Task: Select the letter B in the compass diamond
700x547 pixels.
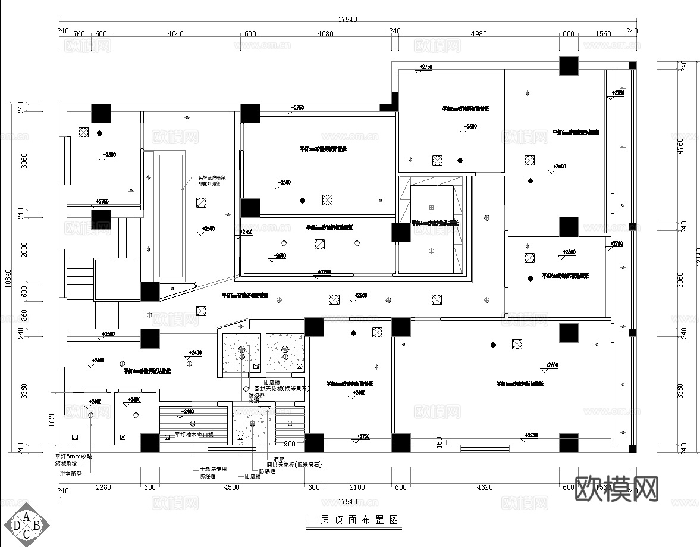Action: coord(36,525)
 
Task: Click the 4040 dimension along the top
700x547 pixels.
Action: coord(175,33)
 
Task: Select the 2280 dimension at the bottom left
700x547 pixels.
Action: coord(103,487)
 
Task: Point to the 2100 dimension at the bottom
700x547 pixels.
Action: coord(357,487)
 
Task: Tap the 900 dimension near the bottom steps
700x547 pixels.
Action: coord(290,444)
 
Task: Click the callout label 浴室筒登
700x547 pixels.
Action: coord(71,474)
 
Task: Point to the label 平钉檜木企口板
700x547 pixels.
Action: coord(194,435)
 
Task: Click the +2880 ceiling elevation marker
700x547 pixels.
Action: coord(108,335)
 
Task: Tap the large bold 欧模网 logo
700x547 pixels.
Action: coord(617,490)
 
